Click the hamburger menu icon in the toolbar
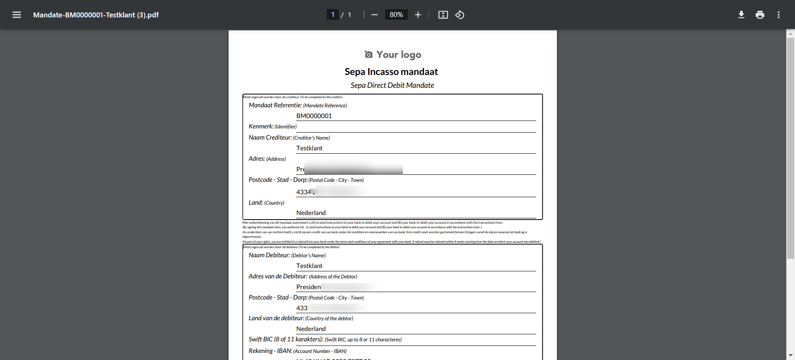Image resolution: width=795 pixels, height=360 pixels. (17, 15)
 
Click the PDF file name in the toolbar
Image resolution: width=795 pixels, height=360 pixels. (96, 15)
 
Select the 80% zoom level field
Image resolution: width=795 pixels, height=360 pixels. (396, 15)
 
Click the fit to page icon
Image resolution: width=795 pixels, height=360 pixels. (443, 15)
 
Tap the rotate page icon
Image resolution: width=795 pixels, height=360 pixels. (460, 15)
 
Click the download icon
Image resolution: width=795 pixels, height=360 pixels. (741, 15)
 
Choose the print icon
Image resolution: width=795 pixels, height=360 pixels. (760, 15)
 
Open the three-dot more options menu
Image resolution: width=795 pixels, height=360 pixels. (778, 15)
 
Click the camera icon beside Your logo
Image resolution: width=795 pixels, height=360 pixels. (368, 54)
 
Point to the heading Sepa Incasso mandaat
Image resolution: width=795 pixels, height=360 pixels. (391, 72)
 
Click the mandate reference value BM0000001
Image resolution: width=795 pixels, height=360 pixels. (314, 116)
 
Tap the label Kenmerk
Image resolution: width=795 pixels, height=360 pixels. (261, 126)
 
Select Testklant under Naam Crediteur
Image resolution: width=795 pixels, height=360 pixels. (309, 148)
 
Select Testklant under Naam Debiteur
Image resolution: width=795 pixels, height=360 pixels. (309, 266)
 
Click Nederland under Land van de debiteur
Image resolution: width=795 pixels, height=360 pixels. (311, 329)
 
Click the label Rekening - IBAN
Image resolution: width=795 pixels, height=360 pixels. (270, 351)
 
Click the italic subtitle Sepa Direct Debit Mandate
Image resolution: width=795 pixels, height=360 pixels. (392, 85)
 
